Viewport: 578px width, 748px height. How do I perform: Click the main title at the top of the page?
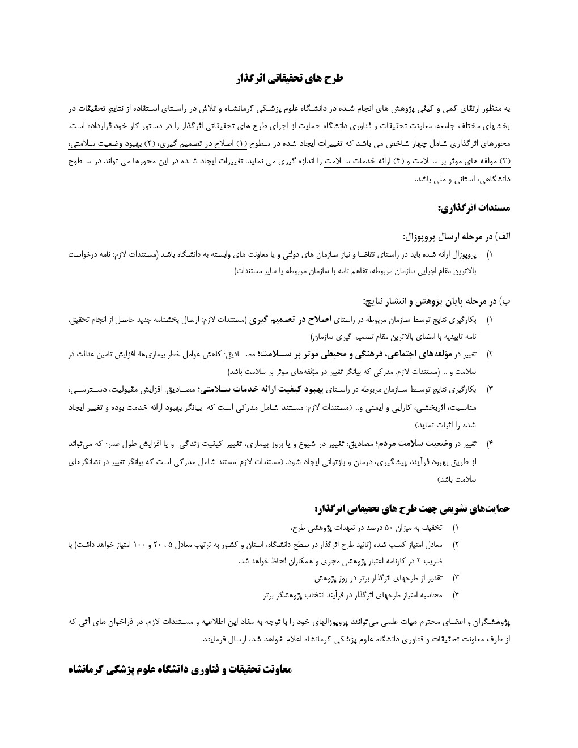[x=289, y=79]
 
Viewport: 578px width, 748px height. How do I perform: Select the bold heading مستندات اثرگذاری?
[x=474, y=208]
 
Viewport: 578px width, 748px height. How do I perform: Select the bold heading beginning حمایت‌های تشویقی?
[x=413, y=508]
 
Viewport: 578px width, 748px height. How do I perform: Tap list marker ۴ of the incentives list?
[x=456, y=594]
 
